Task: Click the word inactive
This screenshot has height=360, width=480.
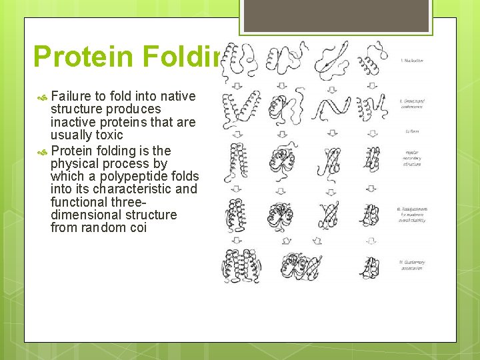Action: pyautogui.click(x=75, y=122)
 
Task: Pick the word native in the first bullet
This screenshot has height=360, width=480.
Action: pyautogui.click(x=176, y=96)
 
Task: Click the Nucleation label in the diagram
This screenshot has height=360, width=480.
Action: pyautogui.click(x=411, y=60)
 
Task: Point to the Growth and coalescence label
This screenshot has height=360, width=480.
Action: pyautogui.click(x=411, y=104)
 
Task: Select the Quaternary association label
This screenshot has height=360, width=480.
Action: pyautogui.click(x=411, y=265)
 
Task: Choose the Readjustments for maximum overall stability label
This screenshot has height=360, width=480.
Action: pyautogui.click(x=411, y=213)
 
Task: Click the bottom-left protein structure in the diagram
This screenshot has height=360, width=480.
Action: pyautogui.click(x=241, y=265)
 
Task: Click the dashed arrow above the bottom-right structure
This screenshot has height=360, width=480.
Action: pyautogui.click(x=372, y=241)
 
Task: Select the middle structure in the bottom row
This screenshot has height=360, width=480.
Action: pyautogui.click(x=300, y=265)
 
